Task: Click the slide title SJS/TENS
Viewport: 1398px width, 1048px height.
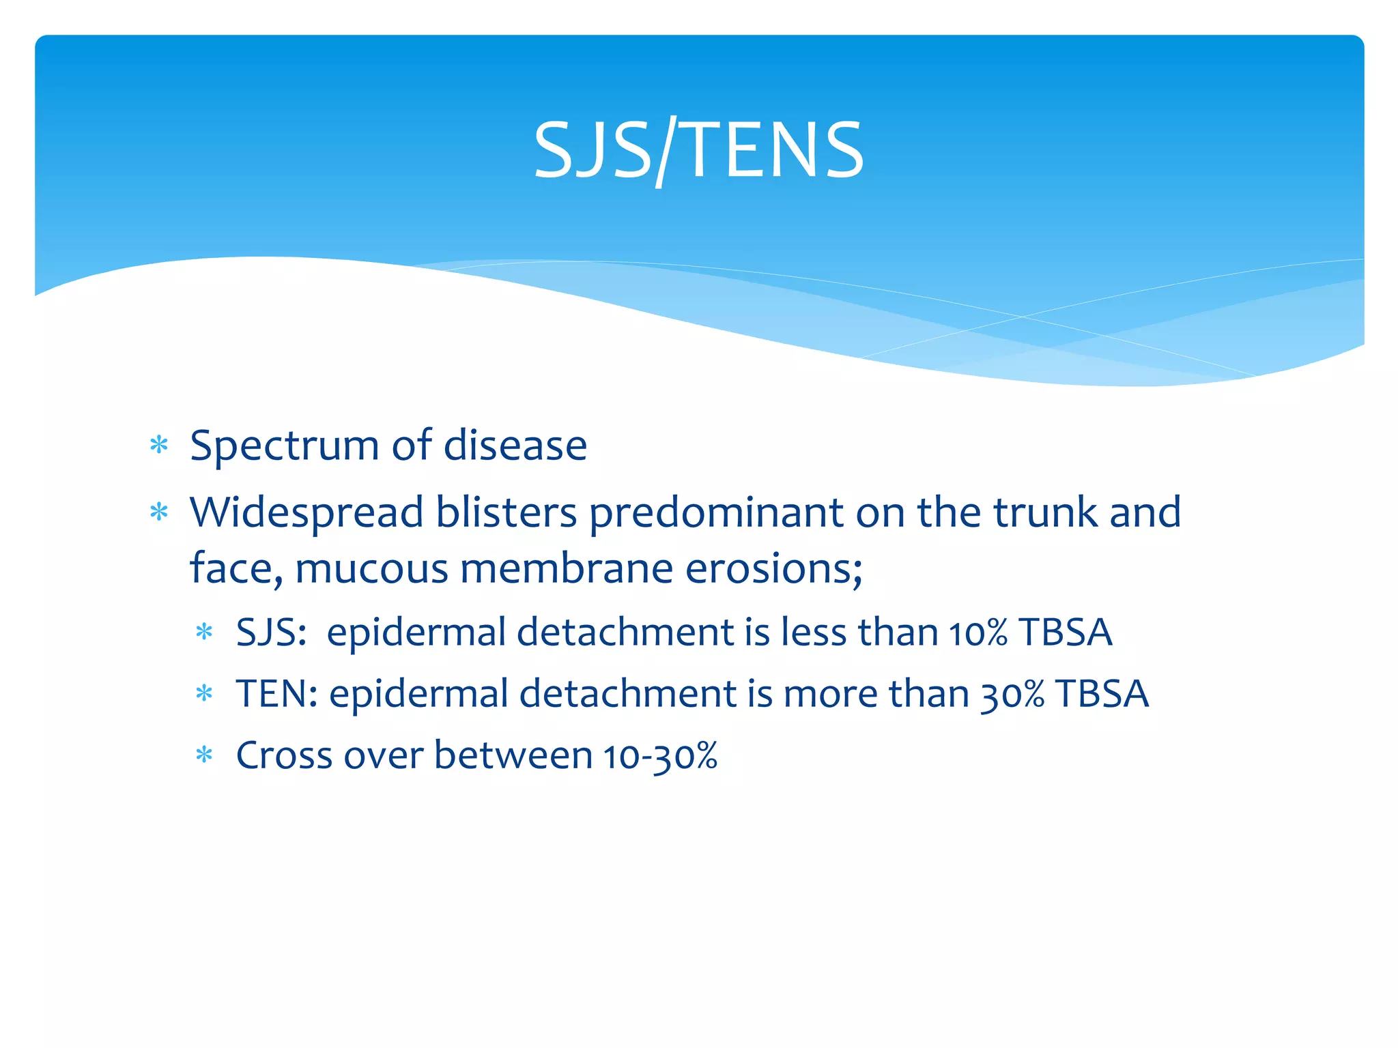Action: (698, 150)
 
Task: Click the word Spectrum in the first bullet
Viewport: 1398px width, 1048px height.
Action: (284, 446)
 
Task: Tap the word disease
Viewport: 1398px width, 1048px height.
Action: (515, 446)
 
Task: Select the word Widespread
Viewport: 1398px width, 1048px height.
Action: (306, 512)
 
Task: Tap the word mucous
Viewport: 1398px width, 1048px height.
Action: (372, 568)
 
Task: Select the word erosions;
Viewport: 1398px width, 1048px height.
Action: (774, 568)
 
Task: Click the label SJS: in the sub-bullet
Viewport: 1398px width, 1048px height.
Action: (271, 632)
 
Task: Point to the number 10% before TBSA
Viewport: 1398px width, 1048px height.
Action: (978, 633)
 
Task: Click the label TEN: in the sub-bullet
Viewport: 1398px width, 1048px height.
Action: (276, 694)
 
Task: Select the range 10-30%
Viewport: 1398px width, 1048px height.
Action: (660, 757)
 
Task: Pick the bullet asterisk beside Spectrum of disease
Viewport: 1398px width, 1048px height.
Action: (159, 446)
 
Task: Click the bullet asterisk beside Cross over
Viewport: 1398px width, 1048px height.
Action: (204, 755)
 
